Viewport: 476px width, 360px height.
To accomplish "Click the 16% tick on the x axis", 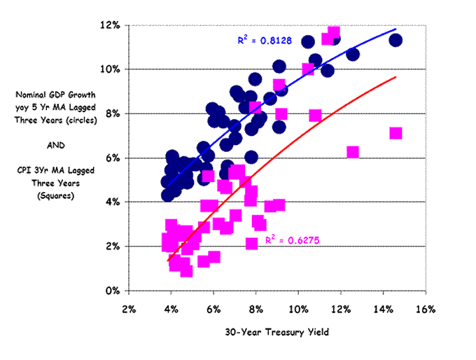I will point(426,309).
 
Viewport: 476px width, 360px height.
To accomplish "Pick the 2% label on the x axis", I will point(129,309).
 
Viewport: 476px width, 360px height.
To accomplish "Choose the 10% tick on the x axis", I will point(298,309).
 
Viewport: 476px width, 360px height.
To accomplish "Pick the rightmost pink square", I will point(395,133).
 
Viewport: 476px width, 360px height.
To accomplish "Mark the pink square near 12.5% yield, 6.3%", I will point(353,152).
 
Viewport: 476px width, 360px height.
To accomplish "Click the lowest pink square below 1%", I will point(186,270).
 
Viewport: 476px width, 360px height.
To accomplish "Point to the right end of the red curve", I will point(396,77).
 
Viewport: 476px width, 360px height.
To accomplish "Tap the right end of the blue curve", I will point(396,29).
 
